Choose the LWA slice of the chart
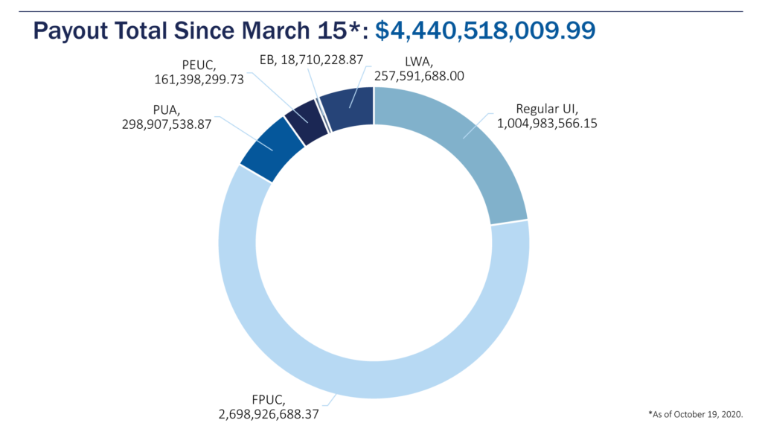[x=350, y=109]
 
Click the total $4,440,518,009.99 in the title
[x=485, y=31]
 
